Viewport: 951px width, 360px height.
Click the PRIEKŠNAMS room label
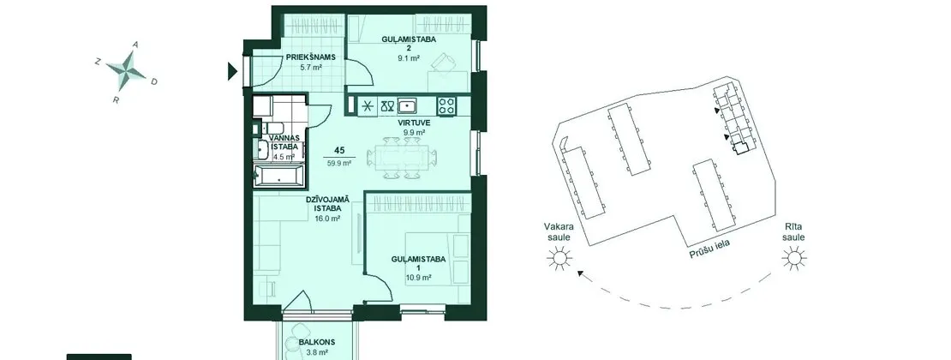(x=310, y=57)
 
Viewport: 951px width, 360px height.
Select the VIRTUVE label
(x=410, y=122)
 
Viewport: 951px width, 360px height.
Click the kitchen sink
(x=406, y=105)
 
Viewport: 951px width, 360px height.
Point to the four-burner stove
(x=446, y=105)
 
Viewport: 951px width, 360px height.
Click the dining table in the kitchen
(x=401, y=158)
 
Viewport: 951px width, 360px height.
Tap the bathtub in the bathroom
(x=278, y=176)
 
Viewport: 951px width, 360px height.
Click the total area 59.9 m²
(x=339, y=163)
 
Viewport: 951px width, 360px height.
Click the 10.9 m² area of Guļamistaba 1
(x=418, y=278)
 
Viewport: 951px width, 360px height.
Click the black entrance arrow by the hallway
(x=231, y=71)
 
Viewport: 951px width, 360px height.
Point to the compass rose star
(x=126, y=70)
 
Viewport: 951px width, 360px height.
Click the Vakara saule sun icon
(x=559, y=259)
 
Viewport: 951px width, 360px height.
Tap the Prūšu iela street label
(x=709, y=249)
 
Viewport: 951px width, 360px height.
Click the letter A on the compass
(x=136, y=45)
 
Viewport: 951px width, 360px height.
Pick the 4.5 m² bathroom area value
(x=284, y=157)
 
